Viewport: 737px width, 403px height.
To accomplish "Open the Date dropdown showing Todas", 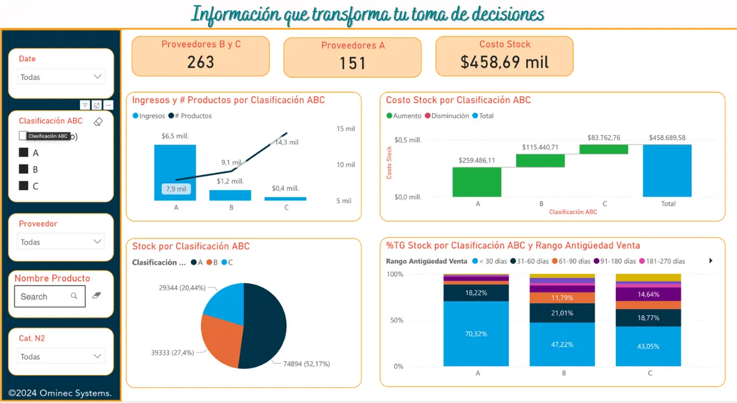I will click(x=61, y=77).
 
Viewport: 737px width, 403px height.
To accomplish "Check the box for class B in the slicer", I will click(x=24, y=169).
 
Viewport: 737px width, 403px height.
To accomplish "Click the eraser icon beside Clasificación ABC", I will click(x=98, y=121).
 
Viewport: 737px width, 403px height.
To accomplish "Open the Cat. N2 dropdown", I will click(x=61, y=356).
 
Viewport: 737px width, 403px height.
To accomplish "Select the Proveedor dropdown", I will click(x=61, y=242).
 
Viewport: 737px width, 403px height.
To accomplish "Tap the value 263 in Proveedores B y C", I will click(x=201, y=62).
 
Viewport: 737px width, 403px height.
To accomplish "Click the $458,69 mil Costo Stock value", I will click(x=505, y=62).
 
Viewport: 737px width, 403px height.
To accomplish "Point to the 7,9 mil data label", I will click(x=176, y=188).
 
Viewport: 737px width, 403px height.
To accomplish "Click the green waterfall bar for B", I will click(x=540, y=161).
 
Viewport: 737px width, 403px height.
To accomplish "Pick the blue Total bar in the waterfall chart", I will click(x=667, y=170).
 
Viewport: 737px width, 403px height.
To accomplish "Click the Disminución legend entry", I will click(x=450, y=116).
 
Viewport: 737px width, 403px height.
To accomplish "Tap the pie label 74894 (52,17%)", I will click(x=306, y=364).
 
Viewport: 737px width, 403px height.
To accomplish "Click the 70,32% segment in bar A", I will click(x=476, y=334).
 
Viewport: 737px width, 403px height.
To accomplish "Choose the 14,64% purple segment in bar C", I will click(x=648, y=295).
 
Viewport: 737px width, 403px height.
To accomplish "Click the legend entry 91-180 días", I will click(x=615, y=261).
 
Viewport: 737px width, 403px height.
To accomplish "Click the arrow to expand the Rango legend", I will click(x=711, y=261).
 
